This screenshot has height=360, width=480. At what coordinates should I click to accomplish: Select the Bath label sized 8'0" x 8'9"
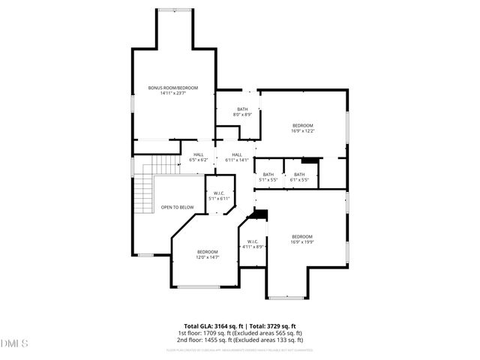coord(242,109)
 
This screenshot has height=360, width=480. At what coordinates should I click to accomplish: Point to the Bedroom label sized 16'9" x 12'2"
coord(302,125)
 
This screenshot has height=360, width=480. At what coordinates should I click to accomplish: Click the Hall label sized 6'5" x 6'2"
coord(198,154)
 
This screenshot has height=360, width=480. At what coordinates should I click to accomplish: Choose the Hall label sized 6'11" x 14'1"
coord(236,154)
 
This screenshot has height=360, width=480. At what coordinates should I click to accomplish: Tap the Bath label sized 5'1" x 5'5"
coord(268,175)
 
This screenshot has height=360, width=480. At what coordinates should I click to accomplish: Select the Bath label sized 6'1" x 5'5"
coord(299,175)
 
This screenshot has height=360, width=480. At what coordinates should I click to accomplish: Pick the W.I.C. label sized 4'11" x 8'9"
coord(253,241)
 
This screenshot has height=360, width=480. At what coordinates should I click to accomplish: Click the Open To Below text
coord(177,207)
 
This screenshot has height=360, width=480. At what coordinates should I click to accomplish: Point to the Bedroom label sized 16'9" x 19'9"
coord(302,236)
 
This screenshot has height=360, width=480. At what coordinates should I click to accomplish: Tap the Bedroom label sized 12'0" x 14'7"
coord(207,251)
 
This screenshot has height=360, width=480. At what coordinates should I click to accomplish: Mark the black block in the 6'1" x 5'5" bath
coord(309,160)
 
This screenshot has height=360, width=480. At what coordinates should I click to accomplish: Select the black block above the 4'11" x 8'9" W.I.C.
coord(259,214)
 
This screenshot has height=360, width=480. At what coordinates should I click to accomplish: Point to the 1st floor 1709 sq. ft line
coord(239,333)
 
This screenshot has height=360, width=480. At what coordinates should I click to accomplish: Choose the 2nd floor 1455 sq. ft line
coord(239,340)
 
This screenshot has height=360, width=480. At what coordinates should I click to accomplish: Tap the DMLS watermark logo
coord(14,343)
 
